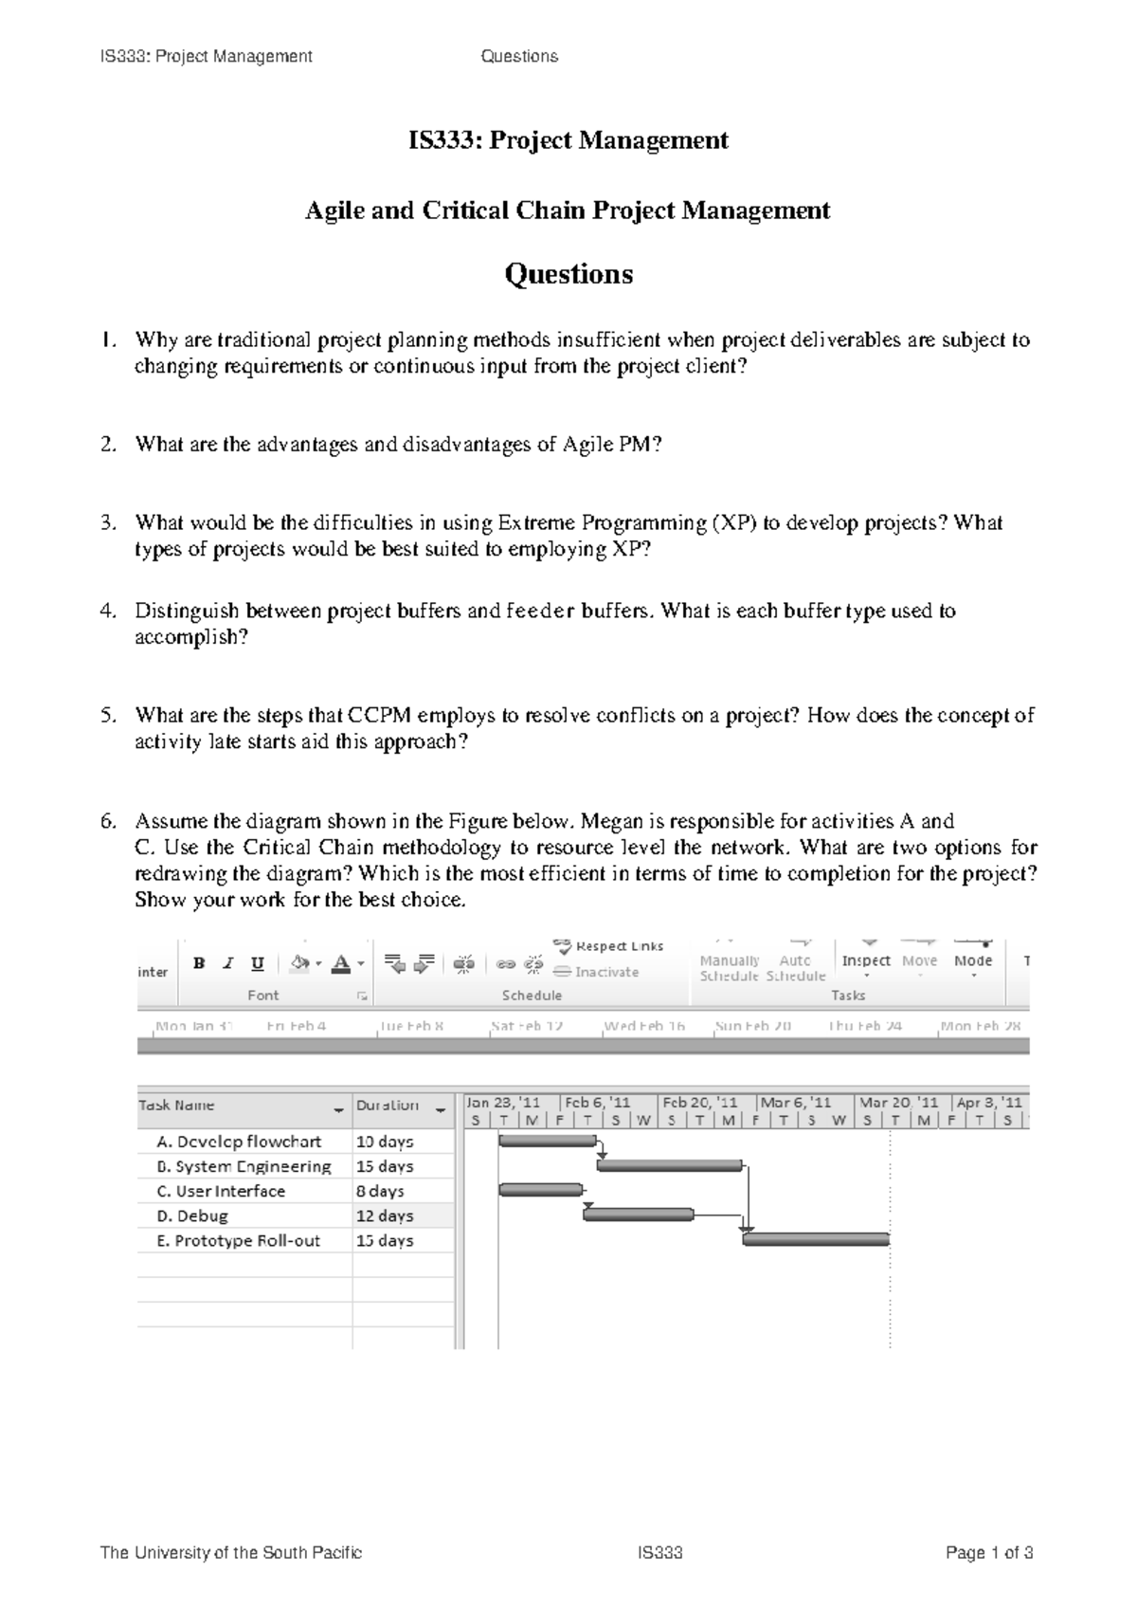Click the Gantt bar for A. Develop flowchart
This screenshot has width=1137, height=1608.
[x=547, y=1141]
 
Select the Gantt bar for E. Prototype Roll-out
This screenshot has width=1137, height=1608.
[x=816, y=1239]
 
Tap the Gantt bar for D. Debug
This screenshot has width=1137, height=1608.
[x=638, y=1215]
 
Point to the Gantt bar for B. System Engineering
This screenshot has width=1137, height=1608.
[x=669, y=1165]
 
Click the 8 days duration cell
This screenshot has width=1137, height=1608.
[x=381, y=1191]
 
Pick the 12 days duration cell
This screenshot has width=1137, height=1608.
[x=385, y=1215]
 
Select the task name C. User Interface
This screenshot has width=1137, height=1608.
[x=230, y=1191]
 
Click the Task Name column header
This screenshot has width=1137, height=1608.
[x=178, y=1105]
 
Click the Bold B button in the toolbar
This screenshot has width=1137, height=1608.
[x=199, y=963]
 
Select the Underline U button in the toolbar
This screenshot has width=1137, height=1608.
[x=257, y=963]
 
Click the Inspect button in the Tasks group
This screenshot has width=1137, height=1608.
[x=866, y=960]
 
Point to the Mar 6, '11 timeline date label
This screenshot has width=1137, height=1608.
[x=796, y=1102]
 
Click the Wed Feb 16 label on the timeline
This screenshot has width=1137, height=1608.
[x=644, y=1026]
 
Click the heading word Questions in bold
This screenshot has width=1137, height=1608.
[x=568, y=274]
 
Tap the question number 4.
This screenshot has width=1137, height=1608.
[x=107, y=612]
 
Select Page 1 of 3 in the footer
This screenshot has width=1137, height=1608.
[x=989, y=1553]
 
